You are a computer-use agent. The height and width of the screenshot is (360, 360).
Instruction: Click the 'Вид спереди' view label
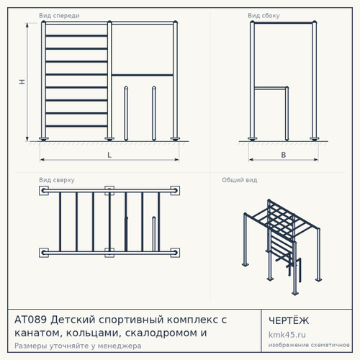pyautogui.click(x=59, y=16)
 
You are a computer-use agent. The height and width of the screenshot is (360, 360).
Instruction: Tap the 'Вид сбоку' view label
pyautogui.click(x=264, y=16)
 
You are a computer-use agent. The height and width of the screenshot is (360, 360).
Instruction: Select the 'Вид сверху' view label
pyautogui.click(x=57, y=180)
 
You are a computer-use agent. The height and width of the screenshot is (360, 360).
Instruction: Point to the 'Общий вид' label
pyautogui.click(x=240, y=180)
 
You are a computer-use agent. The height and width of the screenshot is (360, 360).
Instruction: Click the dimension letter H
pyautogui.click(x=22, y=82)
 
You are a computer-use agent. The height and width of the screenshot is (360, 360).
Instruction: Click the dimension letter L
pyautogui.click(x=109, y=155)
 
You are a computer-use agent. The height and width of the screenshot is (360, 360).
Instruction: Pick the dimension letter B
pyautogui.click(x=284, y=155)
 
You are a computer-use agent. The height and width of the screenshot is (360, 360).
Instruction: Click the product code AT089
pyautogui.click(x=30, y=320)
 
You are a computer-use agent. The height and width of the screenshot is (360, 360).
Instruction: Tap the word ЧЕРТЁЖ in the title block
pyautogui.click(x=289, y=320)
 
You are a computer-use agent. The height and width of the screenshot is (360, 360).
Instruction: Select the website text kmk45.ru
pyautogui.click(x=287, y=335)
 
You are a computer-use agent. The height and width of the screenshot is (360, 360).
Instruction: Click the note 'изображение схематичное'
pyautogui.click(x=309, y=345)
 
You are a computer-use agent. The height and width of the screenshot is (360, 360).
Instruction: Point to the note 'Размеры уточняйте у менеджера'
pyautogui.click(x=78, y=346)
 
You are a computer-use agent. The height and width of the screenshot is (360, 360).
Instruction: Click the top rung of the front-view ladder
pyautogui.click(x=76, y=36)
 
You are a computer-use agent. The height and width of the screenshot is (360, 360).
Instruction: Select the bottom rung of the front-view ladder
pyautogui.click(x=76, y=126)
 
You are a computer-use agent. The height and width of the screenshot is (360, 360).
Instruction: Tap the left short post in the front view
pyautogui.click(x=126, y=113)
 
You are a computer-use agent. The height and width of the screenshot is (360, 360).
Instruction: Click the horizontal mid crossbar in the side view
pyautogui.click(x=270, y=89)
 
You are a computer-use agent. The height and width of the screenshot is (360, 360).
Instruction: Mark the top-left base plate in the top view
pyautogui.click(x=44, y=191)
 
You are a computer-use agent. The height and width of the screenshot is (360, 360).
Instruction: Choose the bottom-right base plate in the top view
pyautogui.click(x=175, y=253)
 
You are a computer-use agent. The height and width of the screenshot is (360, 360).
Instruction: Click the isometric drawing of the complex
pyautogui.click(x=282, y=247)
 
